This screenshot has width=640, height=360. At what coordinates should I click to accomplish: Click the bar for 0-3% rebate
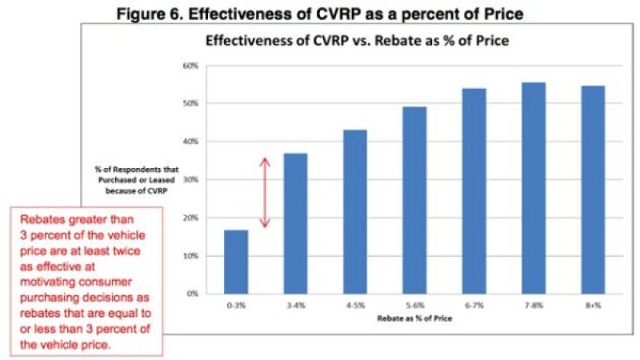pyautogui.click(x=235, y=262)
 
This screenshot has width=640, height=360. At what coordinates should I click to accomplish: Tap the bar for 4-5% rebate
pyautogui.click(x=354, y=211)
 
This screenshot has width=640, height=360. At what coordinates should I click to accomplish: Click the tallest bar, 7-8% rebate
pyautogui.click(x=534, y=188)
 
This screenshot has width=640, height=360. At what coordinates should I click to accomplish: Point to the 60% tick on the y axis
pyautogui.click(x=190, y=66)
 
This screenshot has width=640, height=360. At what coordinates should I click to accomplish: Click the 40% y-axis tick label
pyautogui.click(x=190, y=142)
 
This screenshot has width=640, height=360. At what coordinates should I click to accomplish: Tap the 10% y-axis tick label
pyautogui.click(x=190, y=256)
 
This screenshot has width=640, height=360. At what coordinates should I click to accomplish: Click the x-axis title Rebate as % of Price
pyautogui.click(x=414, y=318)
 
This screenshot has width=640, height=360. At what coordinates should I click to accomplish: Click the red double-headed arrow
pyautogui.click(x=266, y=192)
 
